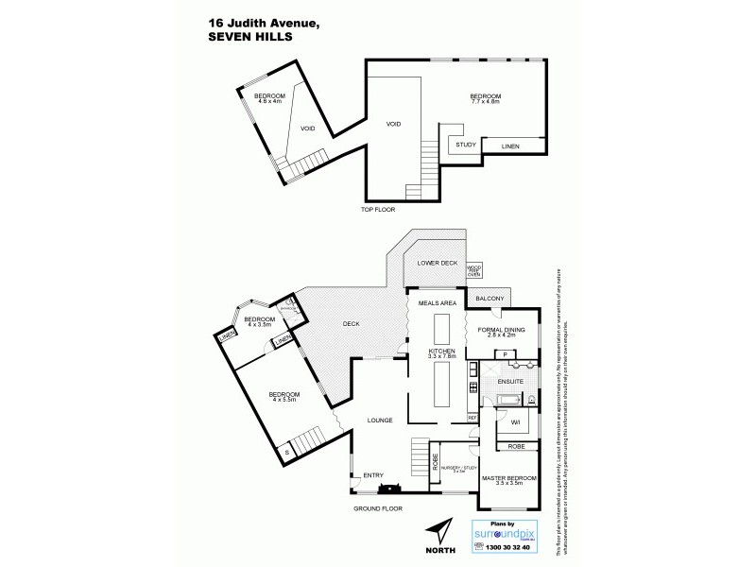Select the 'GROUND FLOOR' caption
[x=378, y=508]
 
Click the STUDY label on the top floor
[x=465, y=145]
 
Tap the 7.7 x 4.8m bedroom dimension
[x=486, y=104]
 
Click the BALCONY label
[x=490, y=299]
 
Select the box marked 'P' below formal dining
[x=506, y=354]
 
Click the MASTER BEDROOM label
[x=508, y=478]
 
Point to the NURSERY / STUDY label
[x=459, y=469]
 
